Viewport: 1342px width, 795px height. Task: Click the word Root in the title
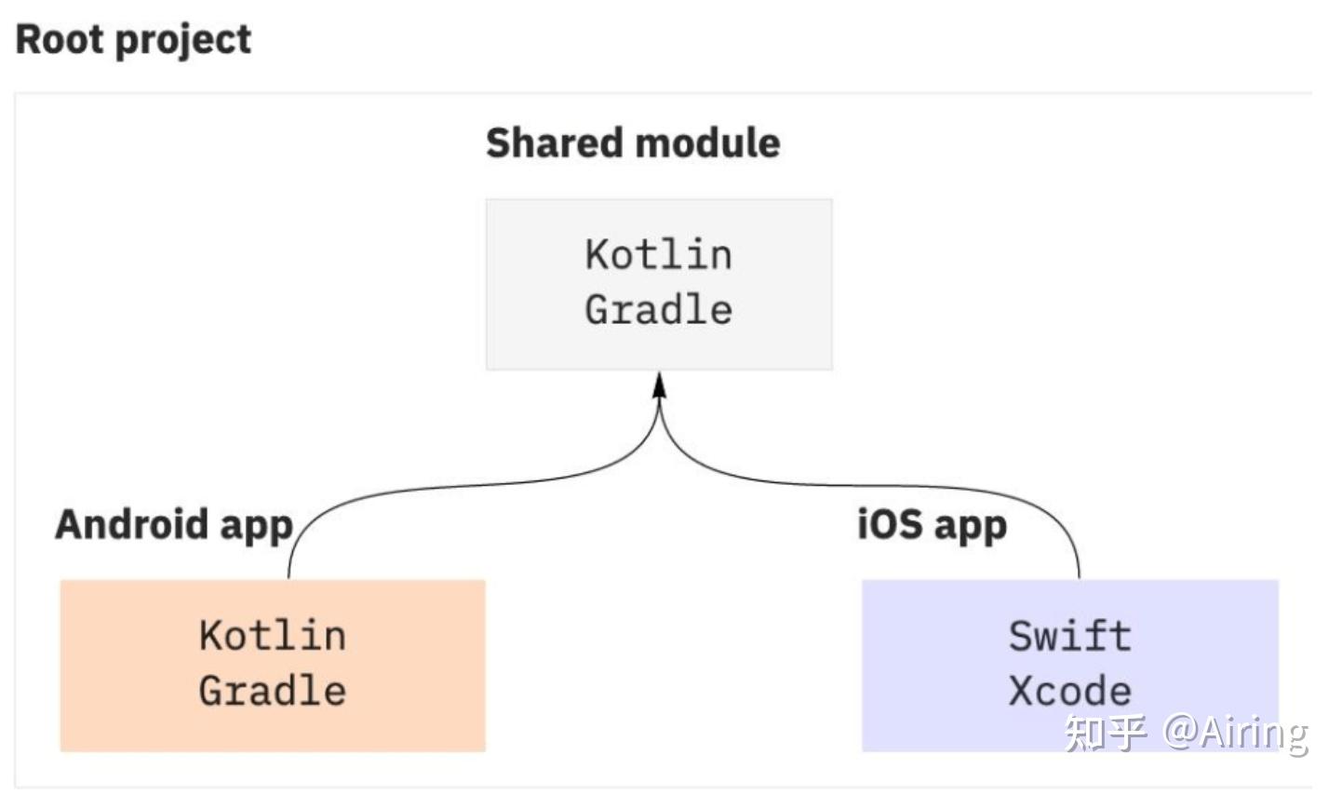click(x=60, y=39)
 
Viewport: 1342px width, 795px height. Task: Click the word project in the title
click(x=183, y=42)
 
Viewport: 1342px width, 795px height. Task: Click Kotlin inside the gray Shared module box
click(x=658, y=255)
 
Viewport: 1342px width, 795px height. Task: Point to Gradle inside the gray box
click(x=658, y=310)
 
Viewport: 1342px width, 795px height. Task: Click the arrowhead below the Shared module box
click(x=660, y=385)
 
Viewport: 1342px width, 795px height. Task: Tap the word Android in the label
click(x=132, y=525)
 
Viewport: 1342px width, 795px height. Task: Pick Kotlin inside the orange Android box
click(x=273, y=636)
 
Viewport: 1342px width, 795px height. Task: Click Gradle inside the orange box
click(x=273, y=691)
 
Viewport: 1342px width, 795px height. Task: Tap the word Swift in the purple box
click(x=1070, y=636)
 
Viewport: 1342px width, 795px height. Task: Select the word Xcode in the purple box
click(x=1070, y=691)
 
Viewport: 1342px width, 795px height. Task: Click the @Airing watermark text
click(x=1235, y=734)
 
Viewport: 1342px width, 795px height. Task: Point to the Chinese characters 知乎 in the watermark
click(x=1106, y=734)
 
